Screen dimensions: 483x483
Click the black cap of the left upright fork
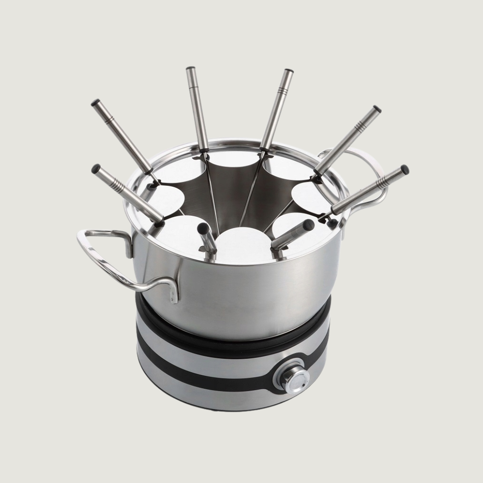point(191,70)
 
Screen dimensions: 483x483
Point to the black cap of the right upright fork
point(289,73)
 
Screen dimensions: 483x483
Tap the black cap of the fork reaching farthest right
point(404,169)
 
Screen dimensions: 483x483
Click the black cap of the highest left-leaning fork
point(96,103)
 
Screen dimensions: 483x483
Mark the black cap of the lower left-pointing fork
point(96,169)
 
